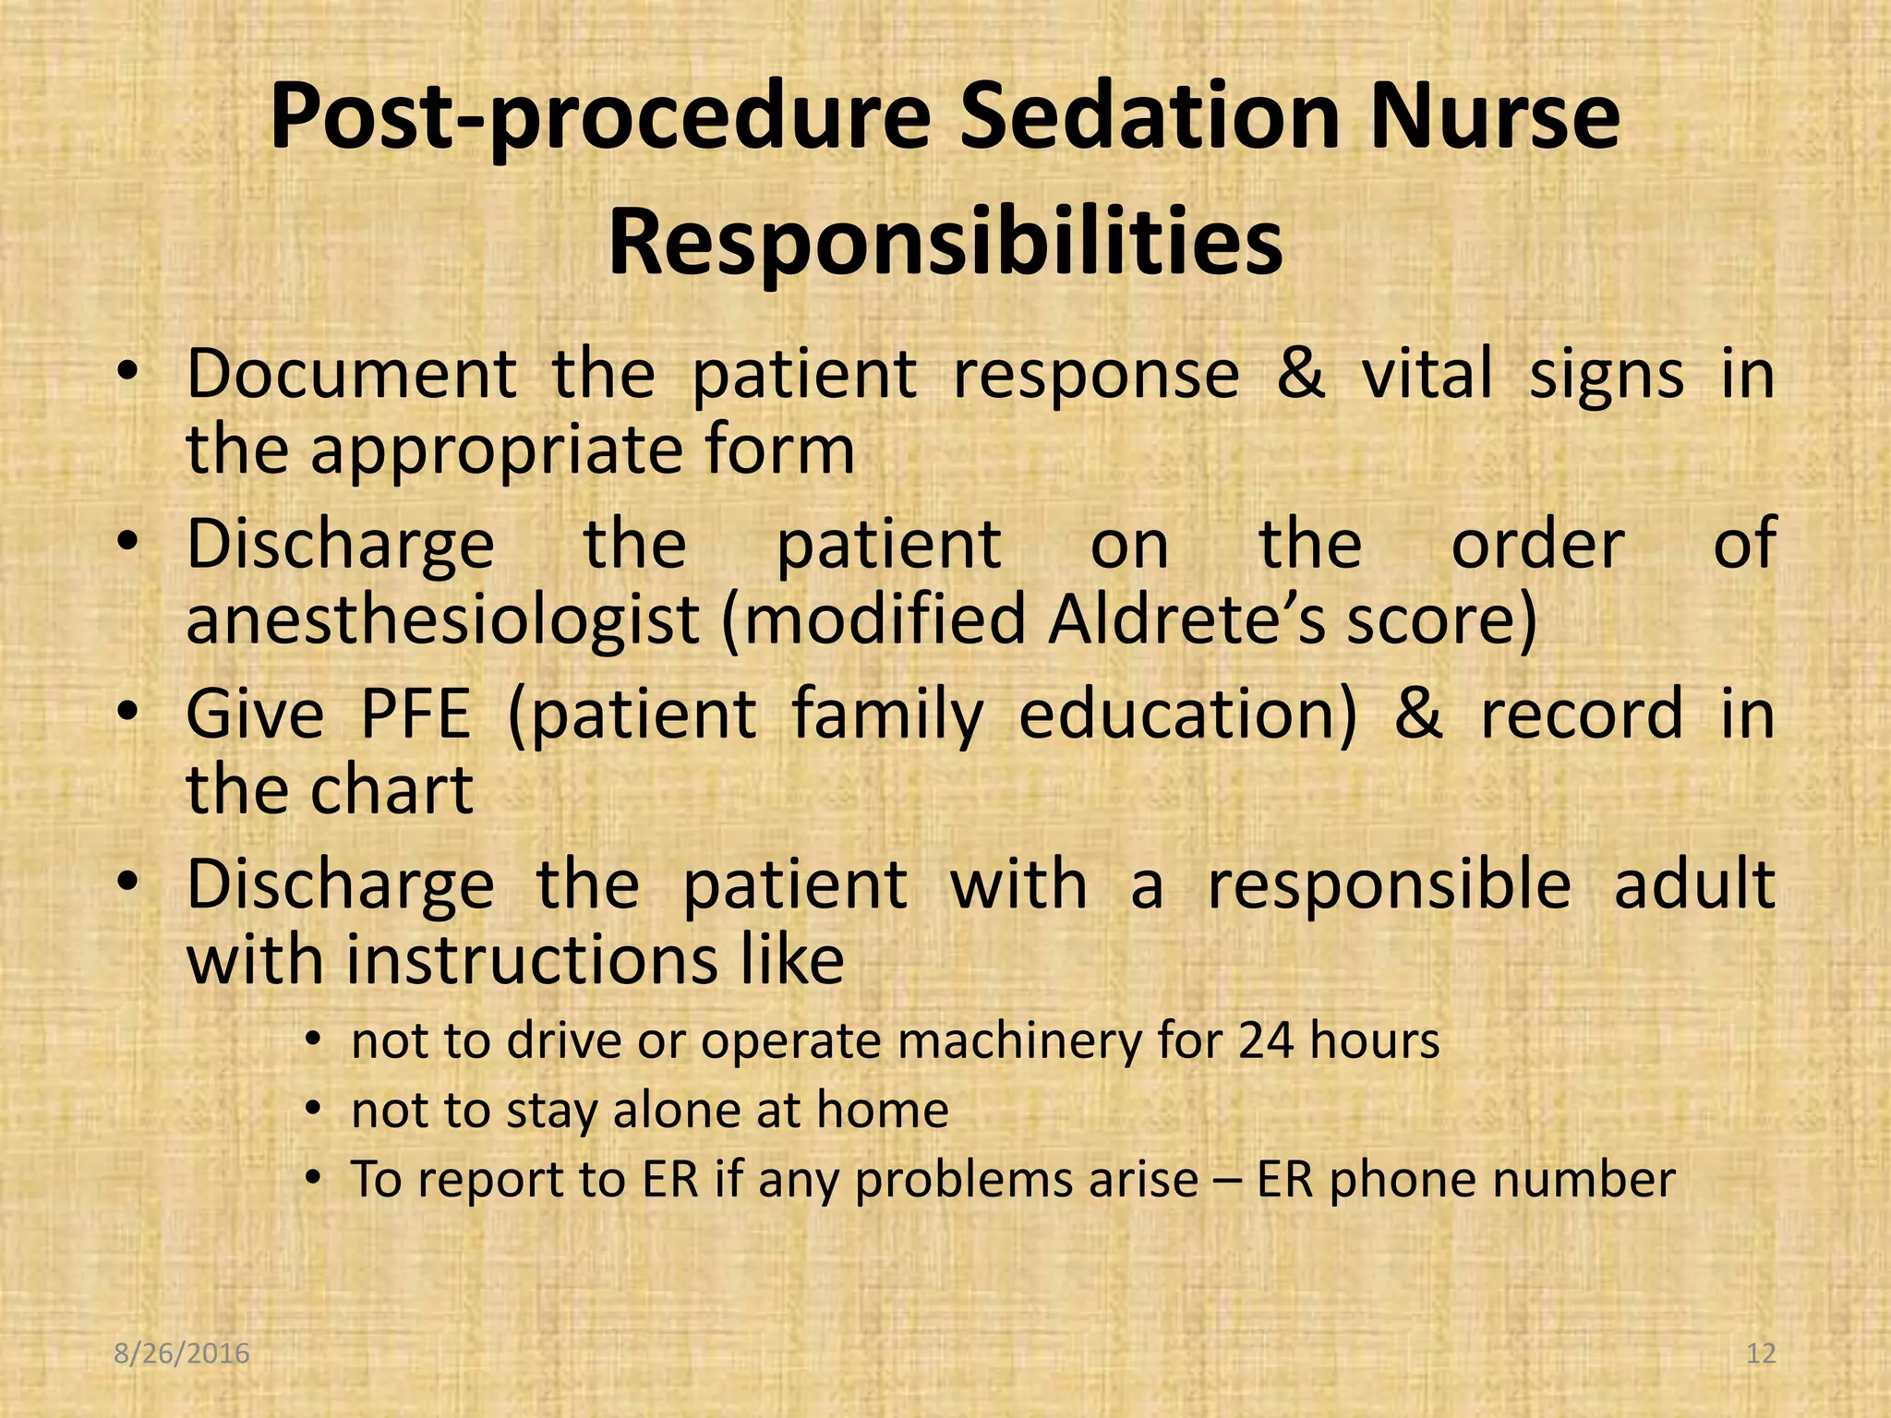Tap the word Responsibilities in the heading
pyautogui.click(x=945, y=245)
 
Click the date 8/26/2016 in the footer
pyautogui.click(x=182, y=1354)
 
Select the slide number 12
pyautogui.click(x=1761, y=1354)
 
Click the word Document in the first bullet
pyautogui.click(x=351, y=375)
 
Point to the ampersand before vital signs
pyautogui.click(x=1300, y=375)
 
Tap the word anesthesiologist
pyautogui.click(x=442, y=620)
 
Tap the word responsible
pyautogui.click(x=1389, y=884)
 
